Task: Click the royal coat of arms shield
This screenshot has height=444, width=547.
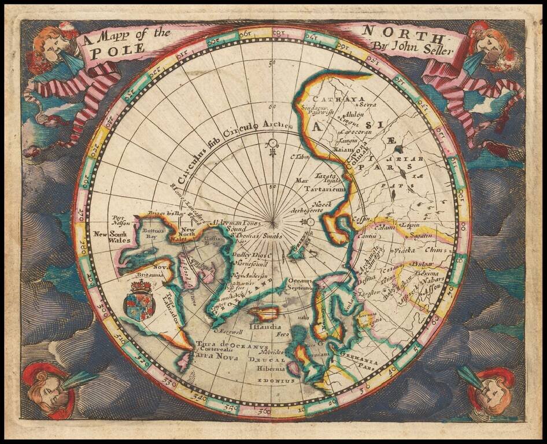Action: (139, 301)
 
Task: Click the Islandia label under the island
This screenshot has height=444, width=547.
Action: (265, 326)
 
